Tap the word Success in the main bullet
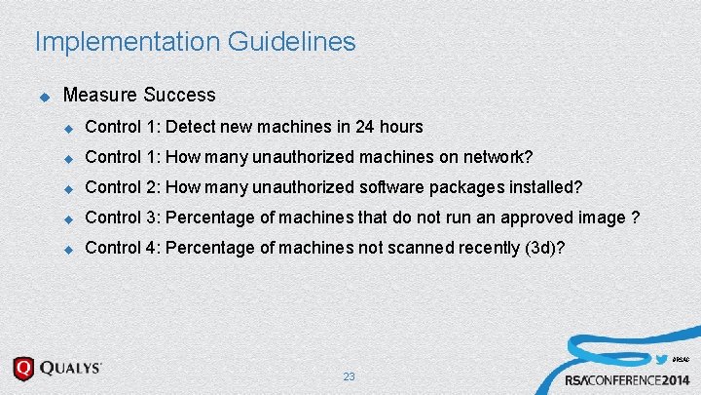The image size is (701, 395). [179, 96]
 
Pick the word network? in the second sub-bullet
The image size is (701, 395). [498, 157]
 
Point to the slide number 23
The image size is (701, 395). [350, 376]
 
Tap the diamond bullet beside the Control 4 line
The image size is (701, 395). [68, 249]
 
